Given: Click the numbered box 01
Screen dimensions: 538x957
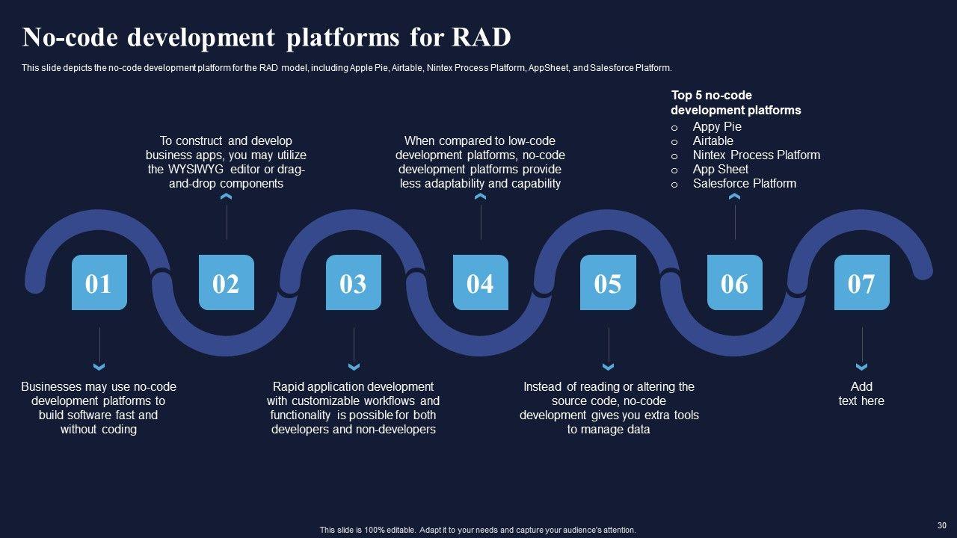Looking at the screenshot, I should coord(99,282).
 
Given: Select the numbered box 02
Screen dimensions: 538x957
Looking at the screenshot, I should coord(226,282).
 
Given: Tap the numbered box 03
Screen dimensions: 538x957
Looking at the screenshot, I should coord(353,282).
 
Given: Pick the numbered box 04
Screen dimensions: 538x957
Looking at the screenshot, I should coord(480,282).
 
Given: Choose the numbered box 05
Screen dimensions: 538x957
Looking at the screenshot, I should coord(608,282).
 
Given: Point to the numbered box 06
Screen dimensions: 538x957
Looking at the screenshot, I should coord(734,282).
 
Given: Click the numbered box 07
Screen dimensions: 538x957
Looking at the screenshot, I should coord(861,282).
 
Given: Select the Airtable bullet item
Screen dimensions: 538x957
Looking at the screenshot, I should coord(713,140).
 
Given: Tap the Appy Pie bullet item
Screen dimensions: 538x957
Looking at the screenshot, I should coord(717,126).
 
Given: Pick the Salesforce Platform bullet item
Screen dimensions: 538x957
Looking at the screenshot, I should coord(744,183).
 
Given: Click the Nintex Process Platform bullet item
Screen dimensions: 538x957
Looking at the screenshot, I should coord(756,155).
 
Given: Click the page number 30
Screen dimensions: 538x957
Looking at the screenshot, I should coord(941,525).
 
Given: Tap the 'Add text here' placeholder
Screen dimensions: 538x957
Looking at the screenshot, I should coord(861,394).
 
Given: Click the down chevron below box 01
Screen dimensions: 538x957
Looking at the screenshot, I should coord(99,367).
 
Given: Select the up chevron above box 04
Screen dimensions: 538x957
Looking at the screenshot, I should coord(480,197).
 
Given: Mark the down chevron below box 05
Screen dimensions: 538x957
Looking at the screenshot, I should coord(608,367).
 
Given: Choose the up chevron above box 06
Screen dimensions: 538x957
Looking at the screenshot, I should coord(734,197).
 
